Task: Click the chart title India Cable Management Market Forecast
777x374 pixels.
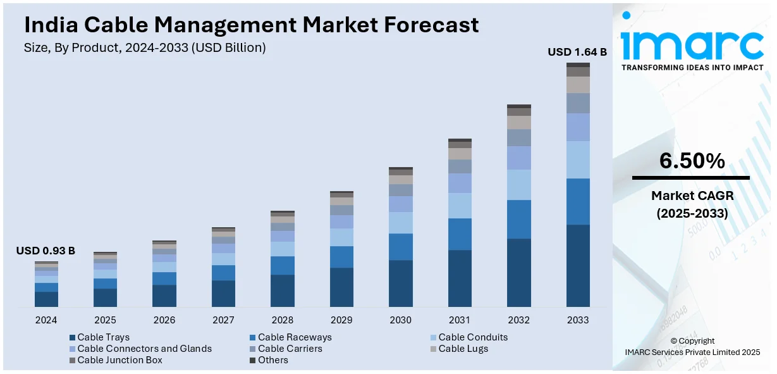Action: pyautogui.click(x=251, y=25)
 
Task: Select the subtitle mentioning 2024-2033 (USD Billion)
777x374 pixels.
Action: pyautogui.click(x=145, y=47)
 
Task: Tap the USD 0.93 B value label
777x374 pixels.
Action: pyautogui.click(x=46, y=251)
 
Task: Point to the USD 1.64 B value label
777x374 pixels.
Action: pyautogui.click(x=577, y=52)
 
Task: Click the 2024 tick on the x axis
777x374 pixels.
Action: pyautogui.click(x=46, y=320)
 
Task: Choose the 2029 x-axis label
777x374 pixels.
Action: pyautogui.click(x=341, y=320)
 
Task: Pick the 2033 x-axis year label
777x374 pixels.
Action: pyautogui.click(x=578, y=320)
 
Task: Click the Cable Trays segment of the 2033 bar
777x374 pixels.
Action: pyautogui.click(x=578, y=266)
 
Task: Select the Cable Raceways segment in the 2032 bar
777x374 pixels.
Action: pyautogui.click(x=519, y=219)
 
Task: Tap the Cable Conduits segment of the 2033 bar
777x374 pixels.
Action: pyautogui.click(x=578, y=159)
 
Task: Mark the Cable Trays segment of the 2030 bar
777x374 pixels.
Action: pyautogui.click(x=401, y=284)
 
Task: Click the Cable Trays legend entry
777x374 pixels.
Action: pyautogui.click(x=103, y=337)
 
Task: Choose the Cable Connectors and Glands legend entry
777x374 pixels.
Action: pyautogui.click(x=144, y=349)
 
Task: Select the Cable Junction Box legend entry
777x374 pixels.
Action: pyautogui.click(x=119, y=360)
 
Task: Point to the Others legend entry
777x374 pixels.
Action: pyautogui.click(x=272, y=360)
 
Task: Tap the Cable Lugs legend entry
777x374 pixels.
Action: pyautogui.click(x=463, y=349)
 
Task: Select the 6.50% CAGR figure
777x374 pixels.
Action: pyautogui.click(x=692, y=161)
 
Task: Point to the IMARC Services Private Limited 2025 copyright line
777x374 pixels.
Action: pyautogui.click(x=692, y=352)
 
